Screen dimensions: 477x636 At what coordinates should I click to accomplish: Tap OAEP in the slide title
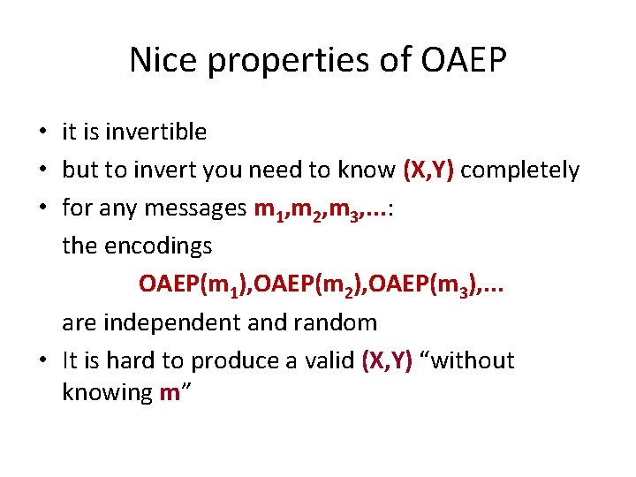[x=464, y=60]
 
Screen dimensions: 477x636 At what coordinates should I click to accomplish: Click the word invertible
[x=155, y=132]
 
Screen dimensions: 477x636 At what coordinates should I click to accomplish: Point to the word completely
[x=519, y=170]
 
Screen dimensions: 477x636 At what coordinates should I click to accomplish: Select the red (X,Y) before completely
[x=428, y=170]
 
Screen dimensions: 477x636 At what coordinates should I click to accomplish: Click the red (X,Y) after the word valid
[x=387, y=360]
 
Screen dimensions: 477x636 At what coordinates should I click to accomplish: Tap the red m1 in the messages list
[x=267, y=209]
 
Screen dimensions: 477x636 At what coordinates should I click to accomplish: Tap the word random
[x=339, y=322]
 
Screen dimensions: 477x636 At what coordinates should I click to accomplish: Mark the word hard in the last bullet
[x=123, y=360]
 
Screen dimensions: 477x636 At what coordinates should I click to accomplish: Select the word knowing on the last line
[x=107, y=393]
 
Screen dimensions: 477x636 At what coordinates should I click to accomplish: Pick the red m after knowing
[x=170, y=393]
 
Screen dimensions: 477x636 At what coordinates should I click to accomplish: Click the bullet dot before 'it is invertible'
[x=42, y=133]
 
